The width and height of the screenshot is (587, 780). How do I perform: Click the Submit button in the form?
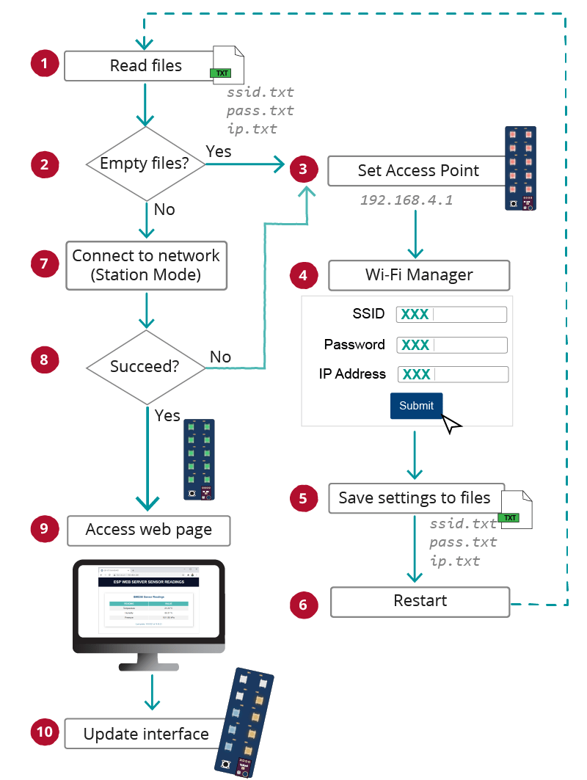[x=416, y=406]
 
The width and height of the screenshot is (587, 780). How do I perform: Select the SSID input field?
[x=451, y=315]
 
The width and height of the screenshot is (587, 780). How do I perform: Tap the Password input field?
[x=451, y=345]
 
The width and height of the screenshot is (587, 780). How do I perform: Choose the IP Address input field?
[x=452, y=374]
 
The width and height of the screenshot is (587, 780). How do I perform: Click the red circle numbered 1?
[x=44, y=64]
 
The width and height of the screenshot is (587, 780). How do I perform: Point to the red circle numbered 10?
[x=44, y=732]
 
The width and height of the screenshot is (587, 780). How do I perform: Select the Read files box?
[x=145, y=66]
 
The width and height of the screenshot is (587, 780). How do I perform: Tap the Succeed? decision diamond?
[x=145, y=365]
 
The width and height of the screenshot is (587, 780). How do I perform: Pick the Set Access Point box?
[x=418, y=171]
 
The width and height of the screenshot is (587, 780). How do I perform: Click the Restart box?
[x=420, y=601]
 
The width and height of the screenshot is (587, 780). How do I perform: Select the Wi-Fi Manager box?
[x=418, y=275]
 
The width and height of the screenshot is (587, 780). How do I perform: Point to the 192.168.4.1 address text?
[x=406, y=200]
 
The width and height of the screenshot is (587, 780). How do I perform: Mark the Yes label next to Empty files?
[x=219, y=151]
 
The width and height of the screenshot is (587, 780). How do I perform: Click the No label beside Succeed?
[x=220, y=357]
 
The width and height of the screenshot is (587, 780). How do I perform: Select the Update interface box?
[x=145, y=734]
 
